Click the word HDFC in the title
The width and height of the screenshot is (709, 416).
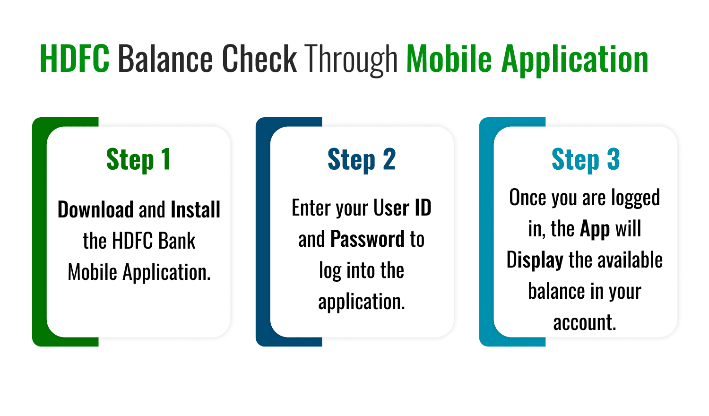75,59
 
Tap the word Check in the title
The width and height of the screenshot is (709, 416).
259,59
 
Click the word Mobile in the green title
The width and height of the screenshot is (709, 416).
449,59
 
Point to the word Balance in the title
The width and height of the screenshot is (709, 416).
165,59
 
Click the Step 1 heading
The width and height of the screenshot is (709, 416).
138,160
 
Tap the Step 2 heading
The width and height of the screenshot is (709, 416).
362,160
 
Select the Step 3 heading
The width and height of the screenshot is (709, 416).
586,160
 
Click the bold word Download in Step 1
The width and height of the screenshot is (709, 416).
95,209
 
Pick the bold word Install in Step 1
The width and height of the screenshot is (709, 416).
195,209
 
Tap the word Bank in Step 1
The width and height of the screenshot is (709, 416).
177,241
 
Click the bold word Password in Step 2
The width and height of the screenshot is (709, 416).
367,239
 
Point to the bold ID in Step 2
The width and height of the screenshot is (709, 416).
423,208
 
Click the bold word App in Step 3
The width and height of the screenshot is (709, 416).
595,229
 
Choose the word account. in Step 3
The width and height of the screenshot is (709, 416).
585,323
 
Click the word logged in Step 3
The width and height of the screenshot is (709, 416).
635,198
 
